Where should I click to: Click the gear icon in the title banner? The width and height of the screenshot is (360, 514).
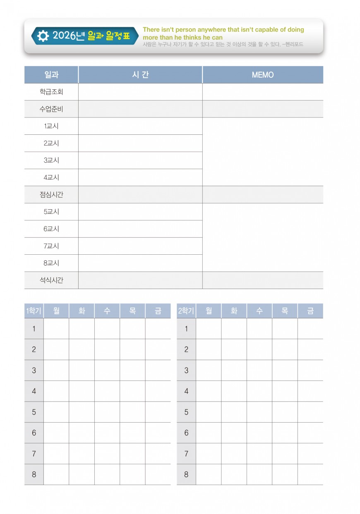click(43, 36)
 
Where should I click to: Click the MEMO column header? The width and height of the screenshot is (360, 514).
click(263, 75)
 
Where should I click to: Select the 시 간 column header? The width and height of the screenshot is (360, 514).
click(140, 75)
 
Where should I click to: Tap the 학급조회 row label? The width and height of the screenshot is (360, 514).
click(51, 92)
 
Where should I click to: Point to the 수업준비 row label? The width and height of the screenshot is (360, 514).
click(51, 109)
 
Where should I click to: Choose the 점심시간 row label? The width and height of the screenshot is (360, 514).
click(51, 194)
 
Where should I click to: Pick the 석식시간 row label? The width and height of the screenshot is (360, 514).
click(51, 280)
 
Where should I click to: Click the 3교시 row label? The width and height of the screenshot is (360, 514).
click(51, 160)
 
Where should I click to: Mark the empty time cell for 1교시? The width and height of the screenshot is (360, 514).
click(140, 126)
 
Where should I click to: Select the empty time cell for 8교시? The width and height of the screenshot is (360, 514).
click(140, 263)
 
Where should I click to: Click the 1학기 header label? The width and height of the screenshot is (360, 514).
click(34, 311)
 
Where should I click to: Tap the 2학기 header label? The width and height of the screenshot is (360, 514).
click(186, 311)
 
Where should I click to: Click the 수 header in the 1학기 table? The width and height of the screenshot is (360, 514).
click(107, 311)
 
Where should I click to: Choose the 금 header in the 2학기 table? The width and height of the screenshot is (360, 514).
click(310, 311)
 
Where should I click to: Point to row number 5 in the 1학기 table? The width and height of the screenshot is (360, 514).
click(34, 412)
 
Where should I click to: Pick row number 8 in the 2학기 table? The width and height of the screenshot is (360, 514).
click(186, 474)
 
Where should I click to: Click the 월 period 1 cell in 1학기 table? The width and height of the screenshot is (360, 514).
click(56, 329)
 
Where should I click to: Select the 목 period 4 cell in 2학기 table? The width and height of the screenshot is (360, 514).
click(285, 391)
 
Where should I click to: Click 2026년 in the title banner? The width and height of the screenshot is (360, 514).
click(69, 36)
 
